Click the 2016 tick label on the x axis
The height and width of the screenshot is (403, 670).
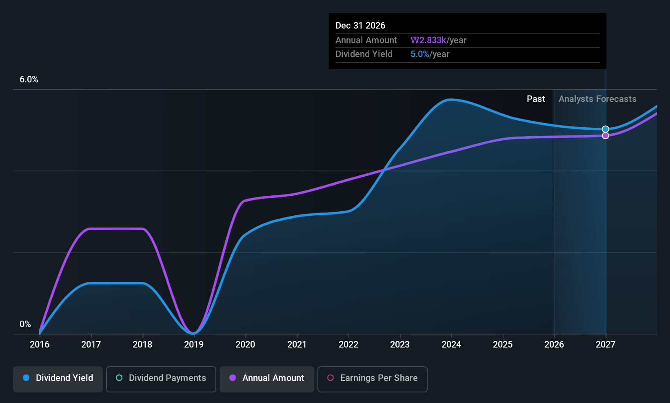click(40, 344)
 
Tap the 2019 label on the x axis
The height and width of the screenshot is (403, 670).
click(194, 344)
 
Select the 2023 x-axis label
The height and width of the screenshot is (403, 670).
click(399, 344)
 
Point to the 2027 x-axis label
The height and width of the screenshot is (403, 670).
click(605, 344)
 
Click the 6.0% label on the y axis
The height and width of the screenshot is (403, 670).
click(29, 80)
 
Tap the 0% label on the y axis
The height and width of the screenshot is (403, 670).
click(25, 324)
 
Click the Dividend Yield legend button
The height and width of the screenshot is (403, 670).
click(58, 378)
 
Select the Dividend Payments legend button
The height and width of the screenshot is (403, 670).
click(161, 378)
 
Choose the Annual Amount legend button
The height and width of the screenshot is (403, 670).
click(267, 378)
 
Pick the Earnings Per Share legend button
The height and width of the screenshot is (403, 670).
click(372, 378)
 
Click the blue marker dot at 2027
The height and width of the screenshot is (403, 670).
click(606, 129)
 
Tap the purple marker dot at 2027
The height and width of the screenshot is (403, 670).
click(606, 135)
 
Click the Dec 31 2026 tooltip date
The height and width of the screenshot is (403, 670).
click(360, 25)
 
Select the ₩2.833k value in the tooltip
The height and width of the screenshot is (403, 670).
click(428, 40)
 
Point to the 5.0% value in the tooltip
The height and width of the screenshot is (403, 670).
click(419, 54)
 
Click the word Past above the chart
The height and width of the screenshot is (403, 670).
click(536, 99)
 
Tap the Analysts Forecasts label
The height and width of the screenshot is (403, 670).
click(597, 99)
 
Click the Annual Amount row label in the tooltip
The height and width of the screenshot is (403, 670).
click(366, 40)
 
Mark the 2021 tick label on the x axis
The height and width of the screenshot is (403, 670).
click(297, 344)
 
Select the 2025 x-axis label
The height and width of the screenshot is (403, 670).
click(502, 344)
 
